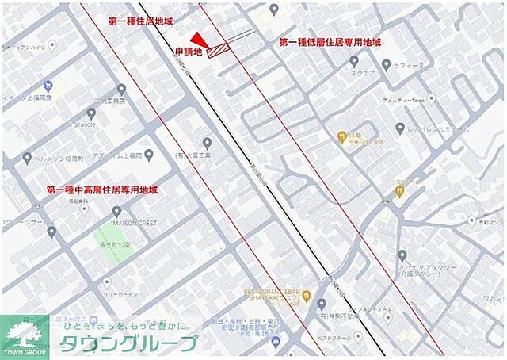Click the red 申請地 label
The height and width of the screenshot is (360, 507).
pos(189,52)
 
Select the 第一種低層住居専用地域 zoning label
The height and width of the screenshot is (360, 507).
pos(330,42)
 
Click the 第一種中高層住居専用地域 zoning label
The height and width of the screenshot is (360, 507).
pos(102,190)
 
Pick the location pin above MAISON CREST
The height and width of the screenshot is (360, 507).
pos(117,212)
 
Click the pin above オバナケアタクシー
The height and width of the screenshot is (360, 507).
pos(402,255)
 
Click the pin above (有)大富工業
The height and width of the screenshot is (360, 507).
pos(208,143)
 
